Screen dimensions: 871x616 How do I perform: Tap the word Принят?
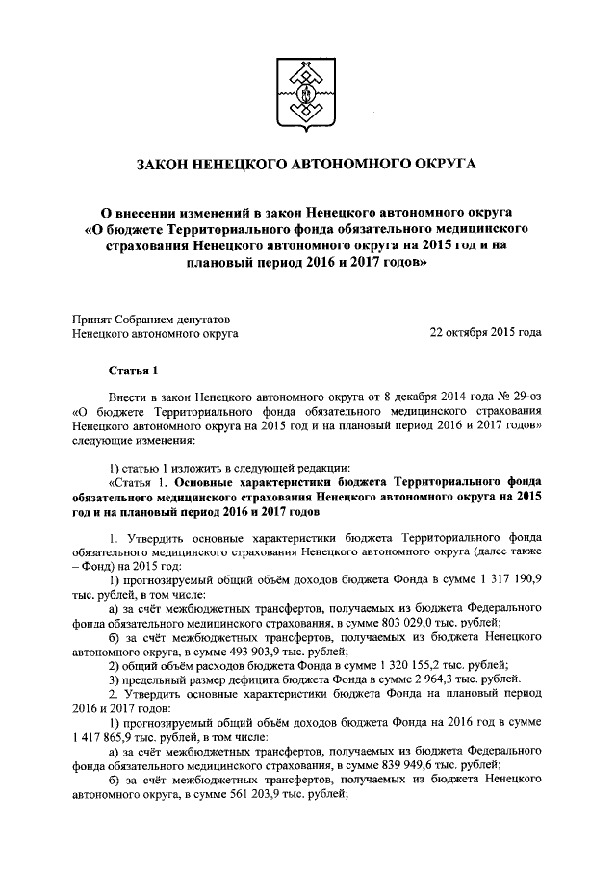tap(93, 318)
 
